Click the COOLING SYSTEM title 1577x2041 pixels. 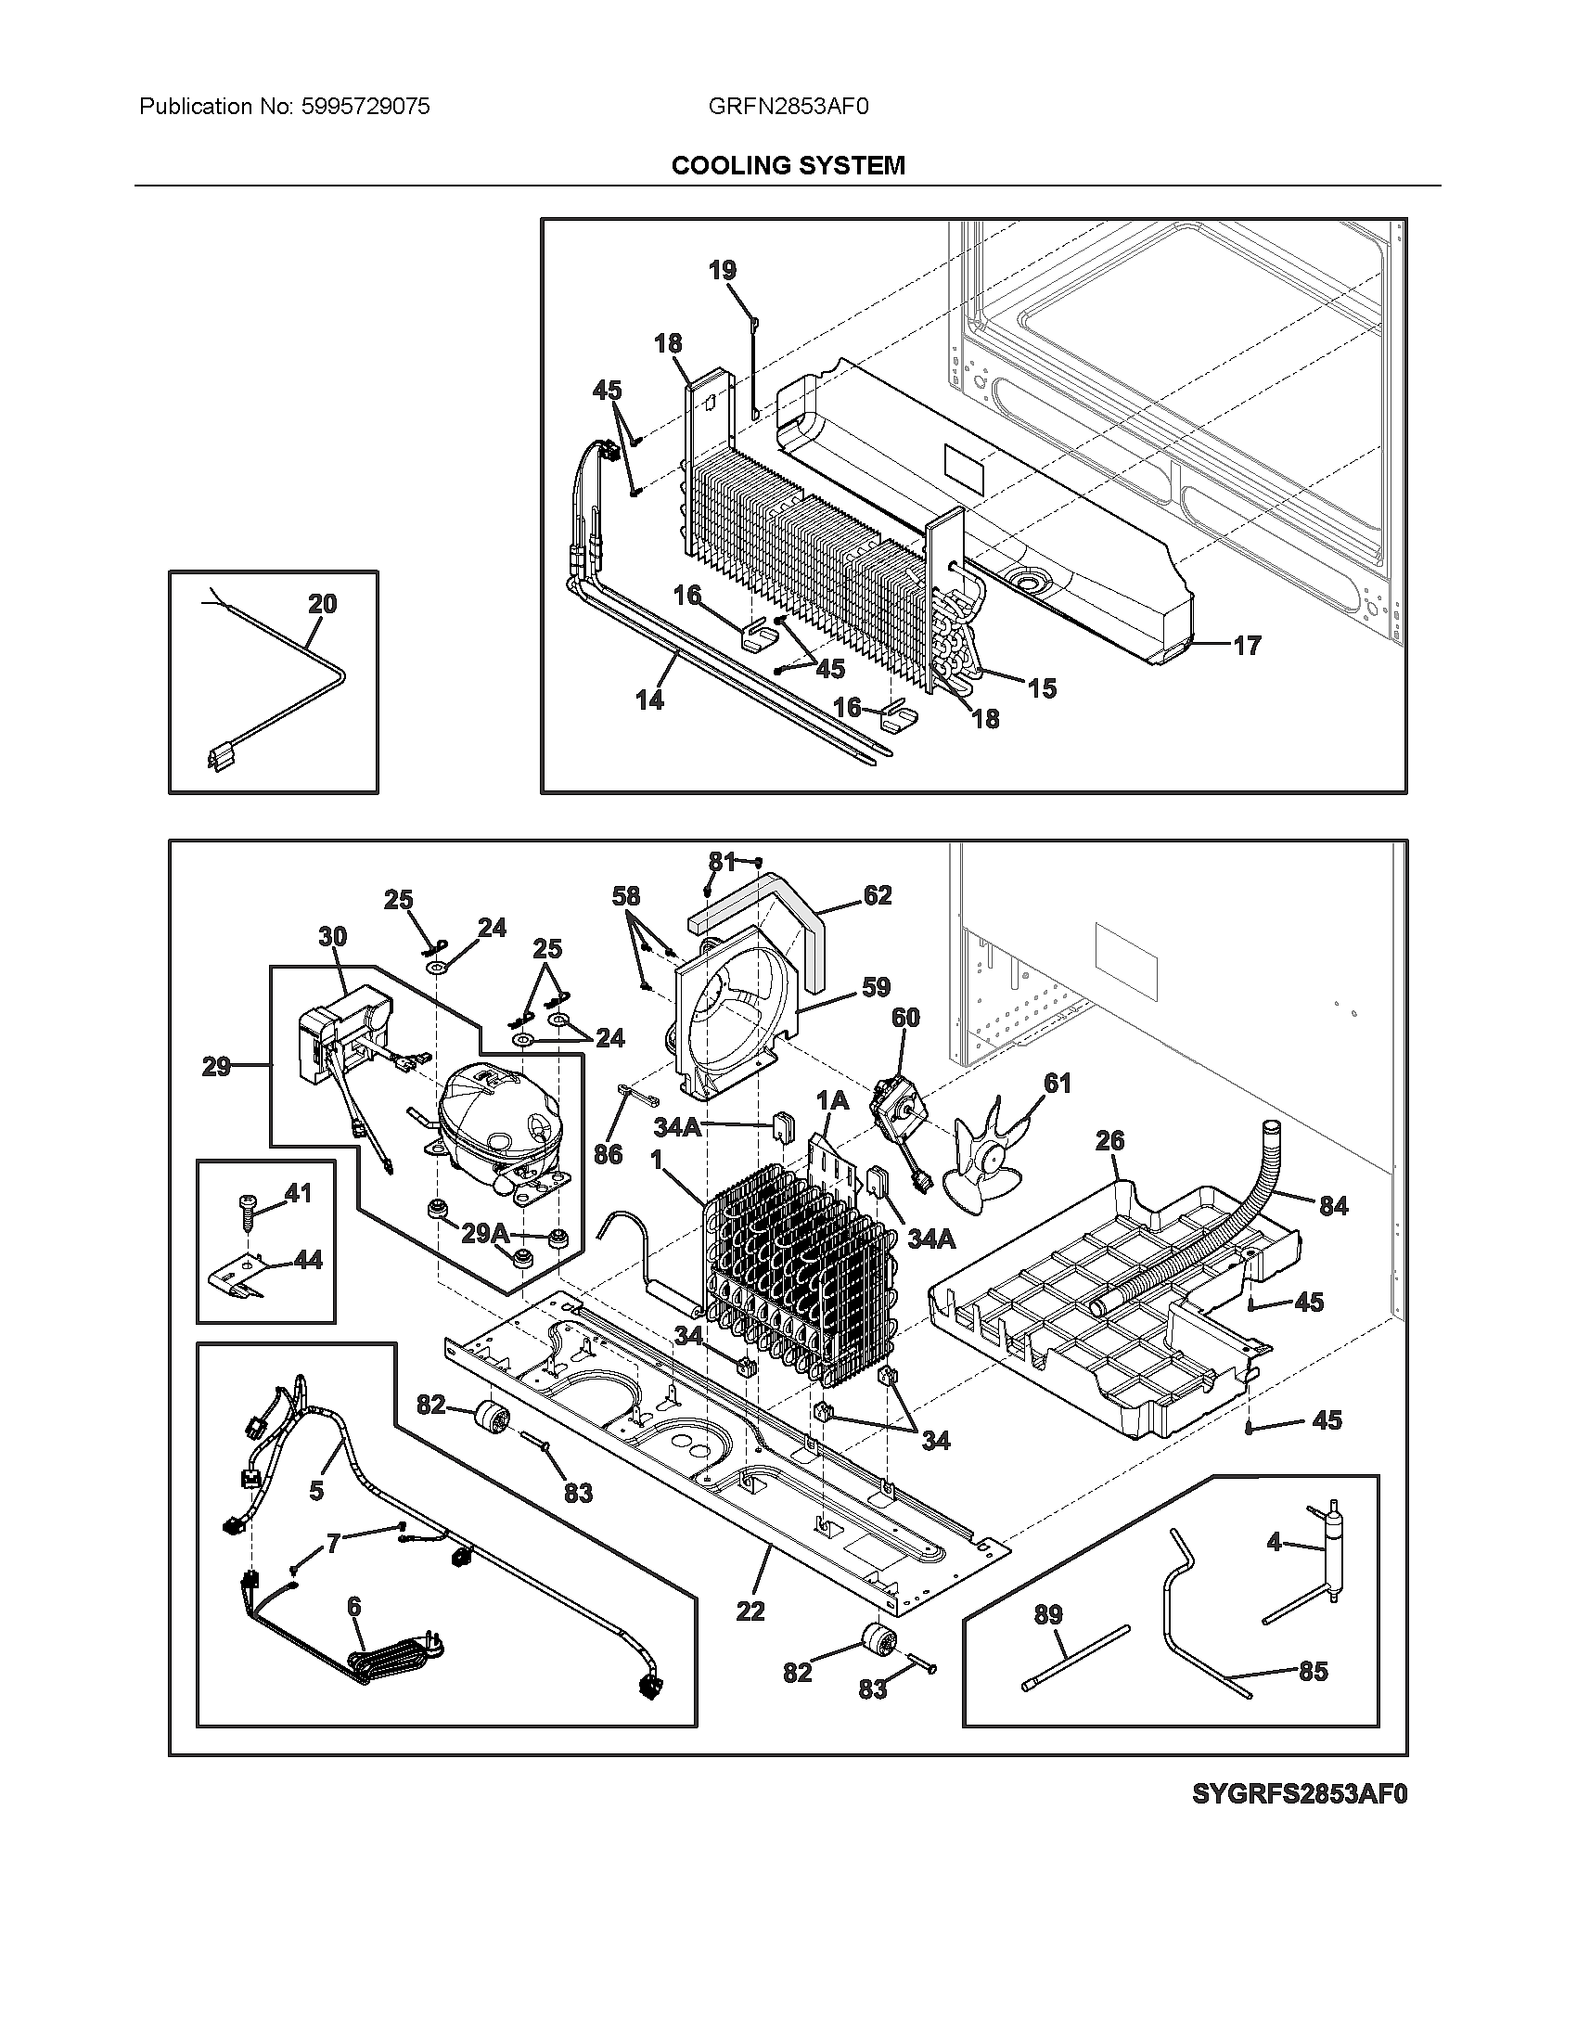tap(788, 166)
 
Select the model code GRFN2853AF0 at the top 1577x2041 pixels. tap(788, 107)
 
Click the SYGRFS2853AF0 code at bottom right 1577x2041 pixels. tap(1299, 1819)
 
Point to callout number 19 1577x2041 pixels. tap(722, 270)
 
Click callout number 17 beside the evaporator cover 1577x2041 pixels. tap(1247, 645)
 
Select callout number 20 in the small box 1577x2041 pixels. tap(322, 604)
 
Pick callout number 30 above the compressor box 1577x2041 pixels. tap(333, 936)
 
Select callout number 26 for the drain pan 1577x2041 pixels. tap(1109, 1140)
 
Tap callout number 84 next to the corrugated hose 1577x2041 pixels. tap(1333, 1205)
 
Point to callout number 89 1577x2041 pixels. tap(1049, 1614)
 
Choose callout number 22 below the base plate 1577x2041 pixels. tap(750, 1611)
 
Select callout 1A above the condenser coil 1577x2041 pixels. tap(831, 1101)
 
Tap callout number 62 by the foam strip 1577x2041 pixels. tap(877, 895)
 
